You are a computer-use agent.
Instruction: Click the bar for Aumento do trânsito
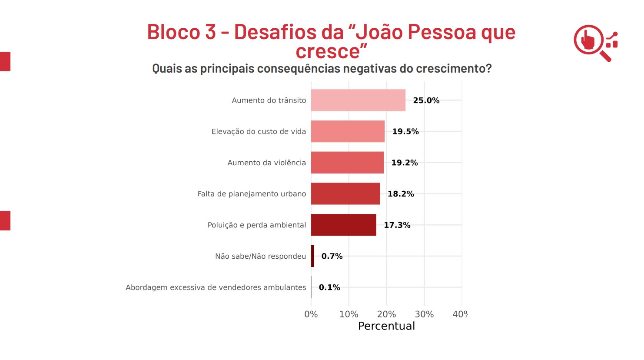pyautogui.click(x=358, y=100)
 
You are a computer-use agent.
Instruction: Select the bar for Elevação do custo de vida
pyautogui.click(x=348, y=131)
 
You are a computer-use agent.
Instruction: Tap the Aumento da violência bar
pyautogui.click(x=347, y=163)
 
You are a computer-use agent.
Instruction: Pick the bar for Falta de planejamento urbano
pyautogui.click(x=345, y=193)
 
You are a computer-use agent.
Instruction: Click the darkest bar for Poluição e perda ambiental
pyautogui.click(x=343, y=225)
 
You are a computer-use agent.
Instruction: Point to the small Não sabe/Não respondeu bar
pyautogui.click(x=312, y=256)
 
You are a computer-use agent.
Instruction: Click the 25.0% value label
pyautogui.click(x=426, y=100)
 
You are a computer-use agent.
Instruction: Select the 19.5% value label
pyautogui.click(x=405, y=131)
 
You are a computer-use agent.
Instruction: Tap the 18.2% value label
pyautogui.click(x=400, y=194)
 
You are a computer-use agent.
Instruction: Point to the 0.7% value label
pyautogui.click(x=332, y=256)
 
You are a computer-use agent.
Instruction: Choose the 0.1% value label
pyautogui.click(x=329, y=287)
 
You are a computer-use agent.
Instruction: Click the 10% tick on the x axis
pyautogui.click(x=349, y=314)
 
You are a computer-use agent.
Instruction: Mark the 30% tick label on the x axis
pyautogui.click(x=424, y=314)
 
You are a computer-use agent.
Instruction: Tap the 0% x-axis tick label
pyautogui.click(x=311, y=314)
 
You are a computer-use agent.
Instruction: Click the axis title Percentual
pyautogui.click(x=386, y=326)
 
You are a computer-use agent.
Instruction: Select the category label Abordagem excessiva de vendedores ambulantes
pyautogui.click(x=216, y=287)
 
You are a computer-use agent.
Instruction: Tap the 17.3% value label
pyautogui.click(x=397, y=225)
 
